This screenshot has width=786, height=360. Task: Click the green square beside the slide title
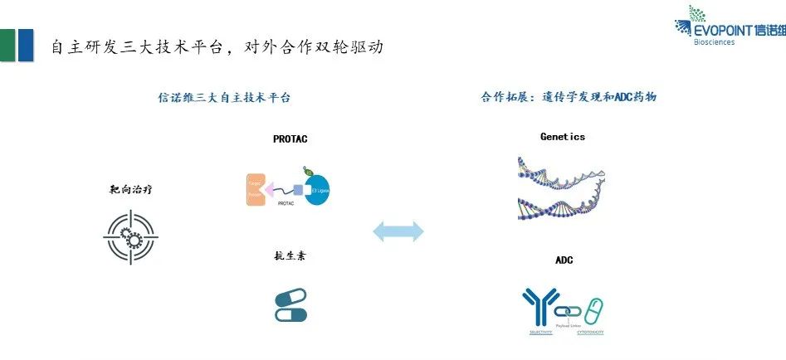click(x=7, y=45)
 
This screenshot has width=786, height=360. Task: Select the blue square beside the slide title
click(x=26, y=45)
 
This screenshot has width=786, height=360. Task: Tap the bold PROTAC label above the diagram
click(x=290, y=139)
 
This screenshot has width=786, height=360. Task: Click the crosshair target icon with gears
click(x=130, y=236)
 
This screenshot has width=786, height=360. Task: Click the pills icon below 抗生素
click(x=290, y=304)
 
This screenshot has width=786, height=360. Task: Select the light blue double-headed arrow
click(x=398, y=231)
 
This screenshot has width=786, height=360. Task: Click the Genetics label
click(x=562, y=136)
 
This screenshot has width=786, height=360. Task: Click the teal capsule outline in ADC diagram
click(x=593, y=311)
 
